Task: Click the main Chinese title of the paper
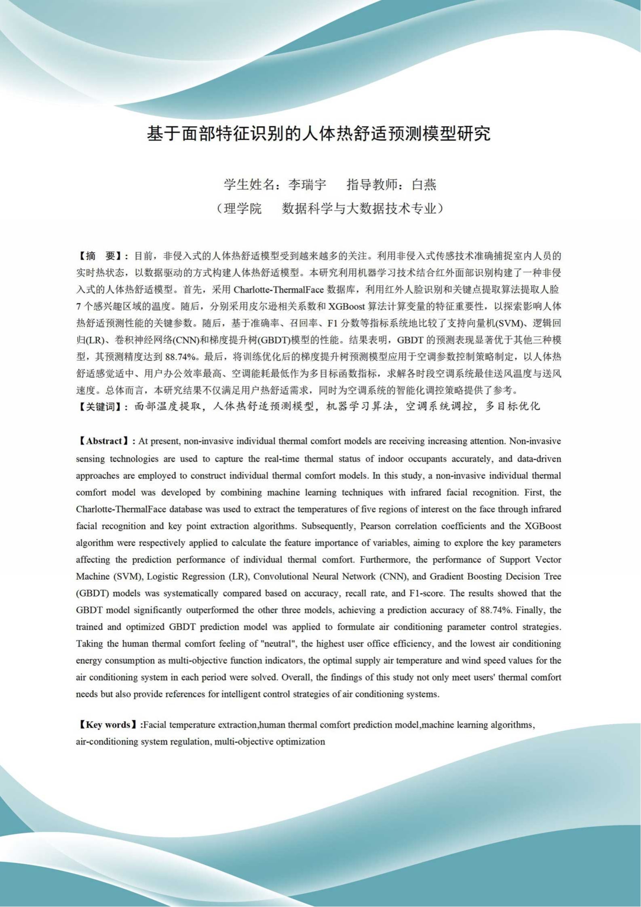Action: coord(318,134)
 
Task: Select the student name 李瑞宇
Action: coord(307,185)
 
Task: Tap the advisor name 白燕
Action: coord(424,185)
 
